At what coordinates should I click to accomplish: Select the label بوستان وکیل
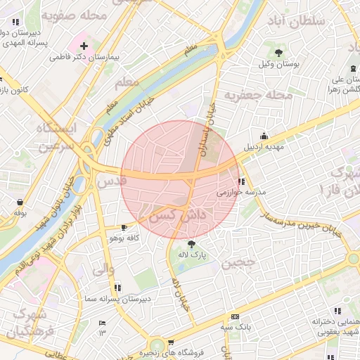click(x=281, y=63)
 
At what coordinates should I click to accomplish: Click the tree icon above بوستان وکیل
click(x=280, y=53)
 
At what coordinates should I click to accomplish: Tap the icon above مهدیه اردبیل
click(x=264, y=136)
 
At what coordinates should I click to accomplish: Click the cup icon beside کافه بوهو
click(x=124, y=228)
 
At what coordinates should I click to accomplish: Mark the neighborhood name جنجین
click(x=237, y=264)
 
